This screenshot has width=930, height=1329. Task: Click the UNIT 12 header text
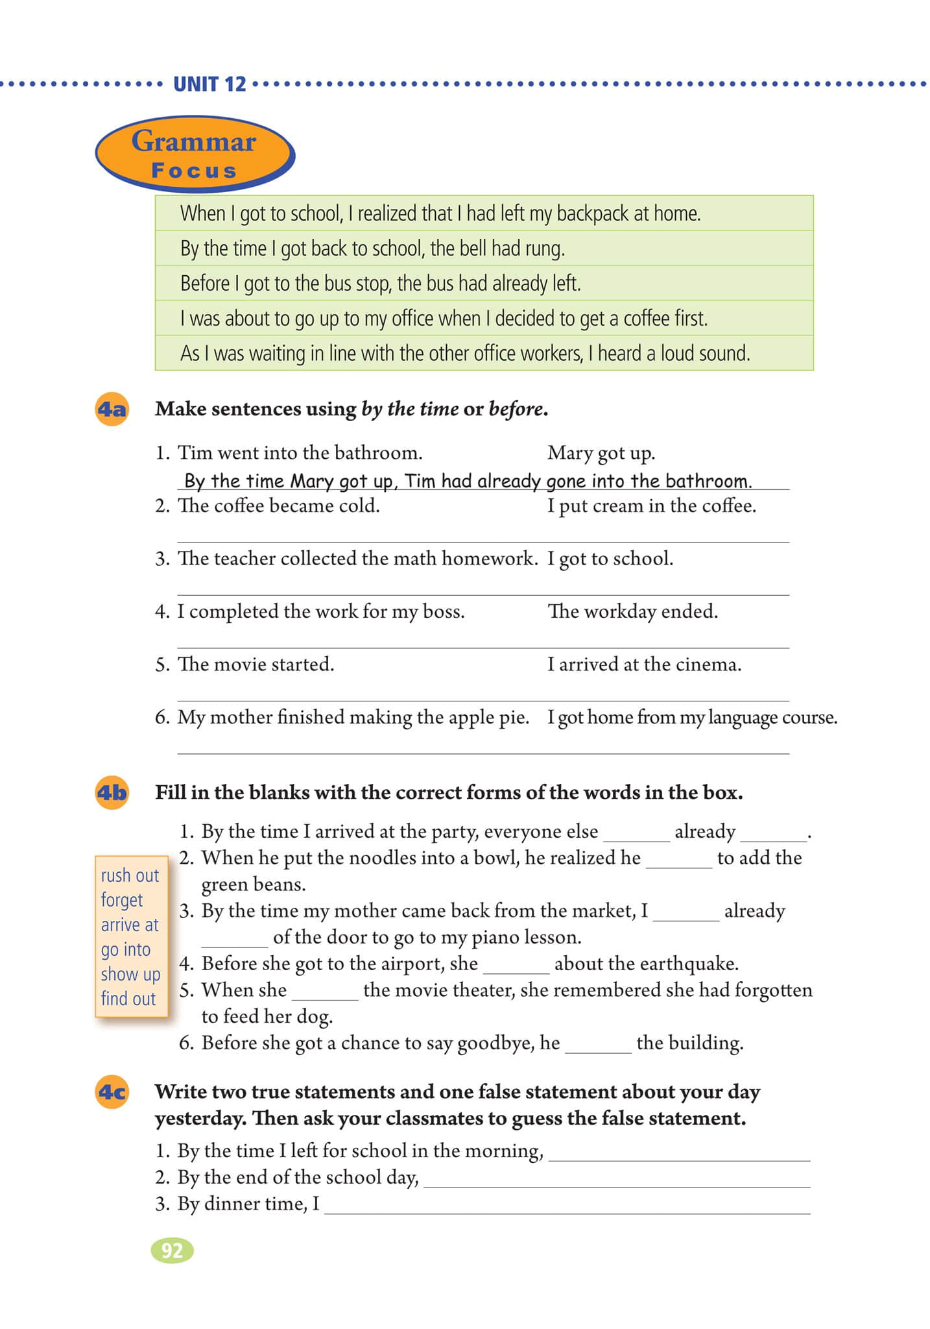point(209,84)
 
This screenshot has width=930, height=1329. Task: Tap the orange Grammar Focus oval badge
point(195,154)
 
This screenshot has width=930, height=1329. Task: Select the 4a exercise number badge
point(112,409)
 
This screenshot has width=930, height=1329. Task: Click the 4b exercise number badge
point(112,793)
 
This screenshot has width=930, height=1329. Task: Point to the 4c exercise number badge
point(112,1092)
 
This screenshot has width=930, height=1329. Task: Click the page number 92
point(172,1250)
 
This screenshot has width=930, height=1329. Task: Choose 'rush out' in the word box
point(130,875)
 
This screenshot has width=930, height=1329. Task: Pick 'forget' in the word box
point(122,900)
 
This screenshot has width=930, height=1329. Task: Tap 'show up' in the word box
point(130,974)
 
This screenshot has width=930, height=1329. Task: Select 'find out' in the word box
point(128,999)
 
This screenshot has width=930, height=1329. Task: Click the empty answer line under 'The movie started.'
point(483,694)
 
